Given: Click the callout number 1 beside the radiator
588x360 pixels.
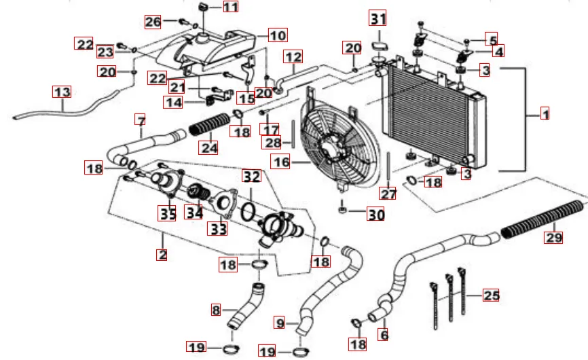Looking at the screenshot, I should coord(545,114).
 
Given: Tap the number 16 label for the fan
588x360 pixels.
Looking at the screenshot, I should coord(280,161).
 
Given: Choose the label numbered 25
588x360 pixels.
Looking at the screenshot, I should coord(491,295).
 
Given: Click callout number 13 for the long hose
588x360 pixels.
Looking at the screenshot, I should coord(62,92).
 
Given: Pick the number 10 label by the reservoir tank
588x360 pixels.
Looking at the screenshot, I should coord(278,34).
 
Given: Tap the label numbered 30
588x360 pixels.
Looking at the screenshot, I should coord(375,215).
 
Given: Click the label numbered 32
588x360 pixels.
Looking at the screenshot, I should coord(252,177).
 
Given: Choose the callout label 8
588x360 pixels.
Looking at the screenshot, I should coord(216,310).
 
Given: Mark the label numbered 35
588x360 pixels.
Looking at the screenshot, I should coord(167,214).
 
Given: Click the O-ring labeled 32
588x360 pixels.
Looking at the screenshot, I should coord(249,209).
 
